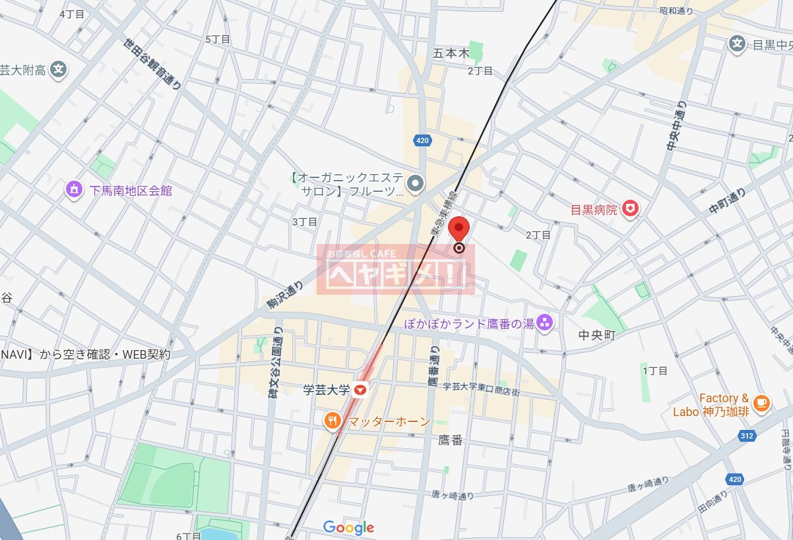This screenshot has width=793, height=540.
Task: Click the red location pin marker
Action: tap(459, 231)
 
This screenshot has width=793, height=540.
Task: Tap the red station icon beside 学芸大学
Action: tap(360, 390)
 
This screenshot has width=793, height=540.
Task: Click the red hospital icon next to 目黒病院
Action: tap(632, 210)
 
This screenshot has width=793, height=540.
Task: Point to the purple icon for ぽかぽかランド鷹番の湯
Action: tap(545, 322)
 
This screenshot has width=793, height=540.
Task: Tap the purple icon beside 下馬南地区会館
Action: tap(75, 191)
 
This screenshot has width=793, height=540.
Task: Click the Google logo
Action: tap(348, 527)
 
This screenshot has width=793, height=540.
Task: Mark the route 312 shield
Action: tap(747, 436)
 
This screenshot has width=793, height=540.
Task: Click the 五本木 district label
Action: tap(451, 53)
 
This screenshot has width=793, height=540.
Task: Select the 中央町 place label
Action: tap(596, 335)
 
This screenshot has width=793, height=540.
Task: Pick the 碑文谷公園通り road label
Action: tap(274, 363)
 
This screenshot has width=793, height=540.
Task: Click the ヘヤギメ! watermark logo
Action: tap(395, 270)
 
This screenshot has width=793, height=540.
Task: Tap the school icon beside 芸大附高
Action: tap(59, 69)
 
